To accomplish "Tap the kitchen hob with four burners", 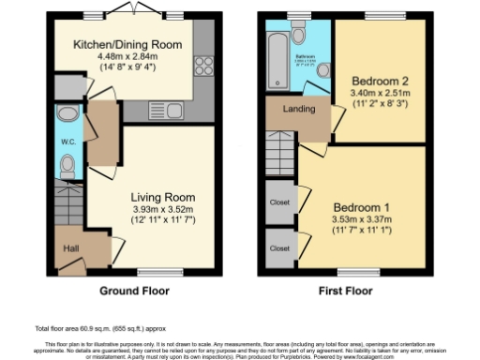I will point(202,67).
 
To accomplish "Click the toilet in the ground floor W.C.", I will point(67,167).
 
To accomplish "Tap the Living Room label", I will point(163,197).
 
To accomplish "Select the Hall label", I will point(70,248).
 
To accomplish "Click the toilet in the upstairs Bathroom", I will point(299,36).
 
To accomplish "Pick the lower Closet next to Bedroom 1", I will point(279,249).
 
